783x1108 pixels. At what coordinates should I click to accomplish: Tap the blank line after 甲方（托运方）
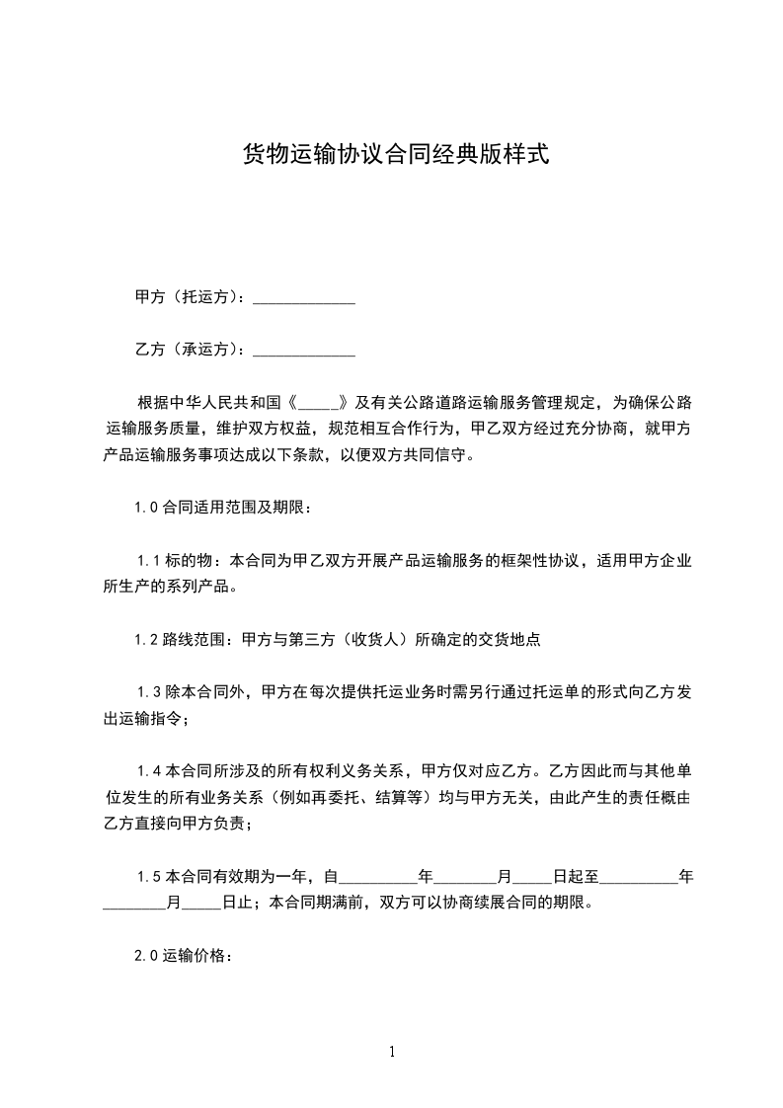coord(304,296)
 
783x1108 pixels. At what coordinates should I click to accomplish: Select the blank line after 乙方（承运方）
coord(304,349)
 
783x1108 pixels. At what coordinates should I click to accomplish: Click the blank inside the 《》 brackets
coord(318,403)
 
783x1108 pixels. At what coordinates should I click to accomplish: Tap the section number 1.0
coord(146,509)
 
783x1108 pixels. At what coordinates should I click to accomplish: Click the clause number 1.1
coord(149,561)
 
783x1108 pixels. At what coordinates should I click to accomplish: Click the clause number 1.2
coord(146,639)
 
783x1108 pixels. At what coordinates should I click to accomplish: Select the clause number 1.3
coord(149,691)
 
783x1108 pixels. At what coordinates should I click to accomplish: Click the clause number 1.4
coord(149,770)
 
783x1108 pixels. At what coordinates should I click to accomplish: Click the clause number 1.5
coord(149,876)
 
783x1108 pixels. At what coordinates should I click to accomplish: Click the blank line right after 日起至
coord(638,876)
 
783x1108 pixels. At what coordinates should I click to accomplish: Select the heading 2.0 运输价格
coord(182,955)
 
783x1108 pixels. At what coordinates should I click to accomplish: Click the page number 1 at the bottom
coord(392,1052)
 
